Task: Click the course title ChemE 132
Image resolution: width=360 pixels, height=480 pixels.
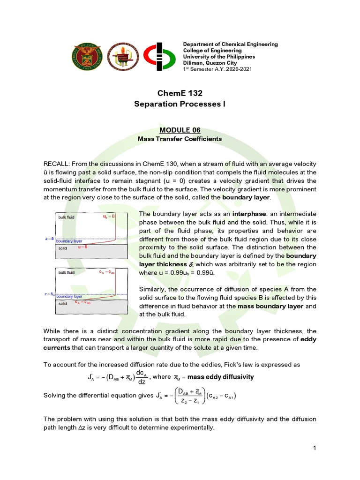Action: tap(180, 93)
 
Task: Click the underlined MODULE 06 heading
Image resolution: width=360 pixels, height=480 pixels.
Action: tap(180, 130)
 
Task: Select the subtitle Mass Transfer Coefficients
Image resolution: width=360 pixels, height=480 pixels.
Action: tap(180, 139)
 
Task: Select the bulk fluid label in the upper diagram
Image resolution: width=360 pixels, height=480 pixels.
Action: tap(66, 217)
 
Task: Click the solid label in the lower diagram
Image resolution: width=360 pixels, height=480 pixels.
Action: tap(62, 303)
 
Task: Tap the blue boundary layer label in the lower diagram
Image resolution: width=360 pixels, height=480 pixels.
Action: tap(69, 297)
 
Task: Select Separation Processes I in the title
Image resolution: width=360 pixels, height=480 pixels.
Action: tap(180, 104)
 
